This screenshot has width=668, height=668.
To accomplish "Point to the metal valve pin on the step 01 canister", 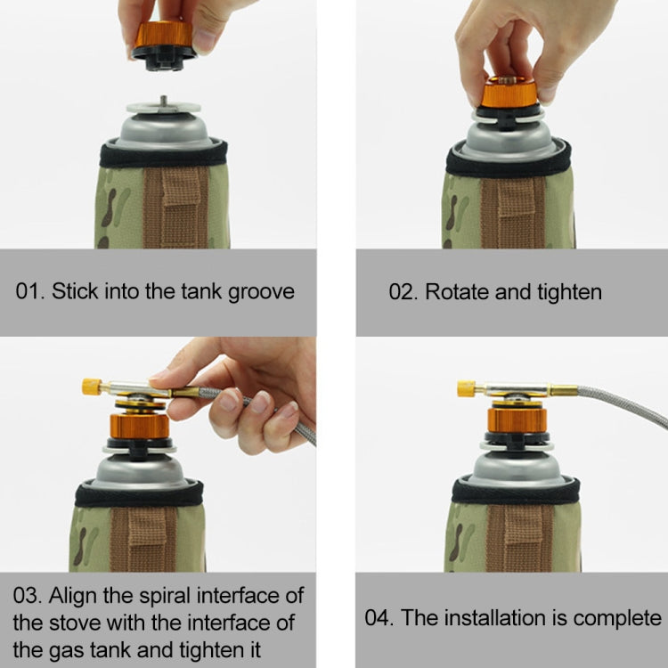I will pos(163,101).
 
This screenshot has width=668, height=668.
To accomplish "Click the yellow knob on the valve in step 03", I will pos(91,387).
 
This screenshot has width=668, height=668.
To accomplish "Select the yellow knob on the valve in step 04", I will pos(466,387).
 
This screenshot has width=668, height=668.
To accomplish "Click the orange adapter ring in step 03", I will pos(138,426).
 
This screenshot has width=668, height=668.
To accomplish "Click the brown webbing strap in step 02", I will pos(513,208).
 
